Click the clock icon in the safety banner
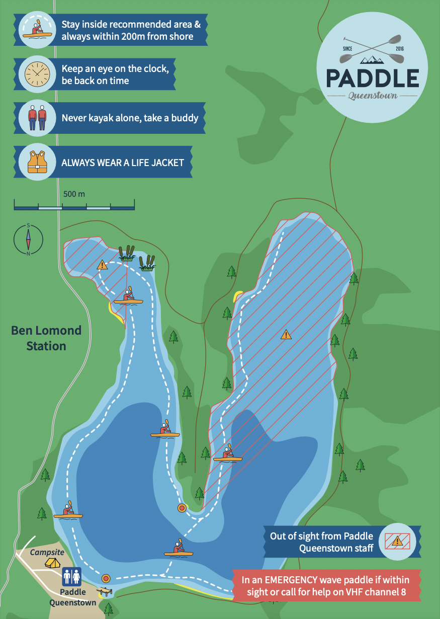tap(37, 74)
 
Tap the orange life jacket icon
tap(37, 162)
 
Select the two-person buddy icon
tap(37, 118)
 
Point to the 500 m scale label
tap(74, 194)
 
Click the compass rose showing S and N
tap(28, 240)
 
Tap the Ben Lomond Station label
tap(46, 338)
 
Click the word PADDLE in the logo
tap(372, 78)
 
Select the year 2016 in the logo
tap(399, 49)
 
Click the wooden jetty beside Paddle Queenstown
tap(106, 591)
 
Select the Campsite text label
tap(47, 552)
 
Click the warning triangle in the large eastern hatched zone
tap(286, 334)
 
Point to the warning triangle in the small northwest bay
tap(103, 264)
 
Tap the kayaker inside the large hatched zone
tap(228, 453)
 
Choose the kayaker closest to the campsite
tap(68, 511)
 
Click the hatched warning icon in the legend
tap(397, 541)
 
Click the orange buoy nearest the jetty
tap(106, 578)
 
